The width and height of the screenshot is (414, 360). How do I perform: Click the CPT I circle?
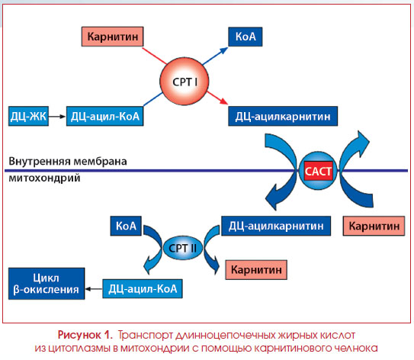(184, 81)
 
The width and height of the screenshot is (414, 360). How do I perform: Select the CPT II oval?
(182, 248)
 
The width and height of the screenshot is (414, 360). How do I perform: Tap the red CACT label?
(318, 171)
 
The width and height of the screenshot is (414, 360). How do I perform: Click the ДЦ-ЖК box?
(28, 116)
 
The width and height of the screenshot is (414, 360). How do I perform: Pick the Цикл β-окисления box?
(47, 284)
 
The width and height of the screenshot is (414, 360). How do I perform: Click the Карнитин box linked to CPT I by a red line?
(113, 37)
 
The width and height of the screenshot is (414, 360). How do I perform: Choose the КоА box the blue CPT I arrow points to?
(246, 37)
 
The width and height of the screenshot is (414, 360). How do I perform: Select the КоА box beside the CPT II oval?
(126, 226)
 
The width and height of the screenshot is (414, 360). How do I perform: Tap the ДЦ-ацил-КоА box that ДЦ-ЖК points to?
(104, 116)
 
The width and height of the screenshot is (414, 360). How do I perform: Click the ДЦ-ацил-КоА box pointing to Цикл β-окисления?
(143, 289)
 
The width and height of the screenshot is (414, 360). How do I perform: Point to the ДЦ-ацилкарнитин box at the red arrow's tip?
(283, 116)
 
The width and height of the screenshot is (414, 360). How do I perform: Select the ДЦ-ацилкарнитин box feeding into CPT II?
(276, 226)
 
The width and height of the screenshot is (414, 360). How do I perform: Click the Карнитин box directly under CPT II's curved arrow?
(256, 270)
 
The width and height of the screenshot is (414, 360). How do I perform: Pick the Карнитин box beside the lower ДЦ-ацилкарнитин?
(374, 226)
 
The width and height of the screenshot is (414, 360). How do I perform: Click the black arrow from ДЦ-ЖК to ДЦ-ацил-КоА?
(57, 117)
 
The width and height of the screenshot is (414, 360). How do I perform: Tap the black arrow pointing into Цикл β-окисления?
(94, 289)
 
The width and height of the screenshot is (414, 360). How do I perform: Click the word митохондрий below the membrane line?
(44, 178)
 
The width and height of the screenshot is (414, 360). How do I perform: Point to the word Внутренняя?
(40, 161)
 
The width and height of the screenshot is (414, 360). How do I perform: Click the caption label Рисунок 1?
(85, 335)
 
